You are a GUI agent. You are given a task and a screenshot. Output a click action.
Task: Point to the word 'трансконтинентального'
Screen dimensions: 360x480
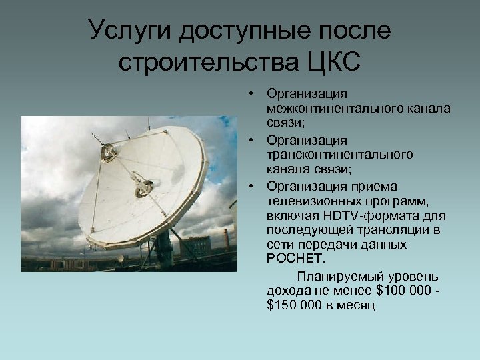339,154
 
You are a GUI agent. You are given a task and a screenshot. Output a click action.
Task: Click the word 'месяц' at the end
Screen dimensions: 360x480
358,305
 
